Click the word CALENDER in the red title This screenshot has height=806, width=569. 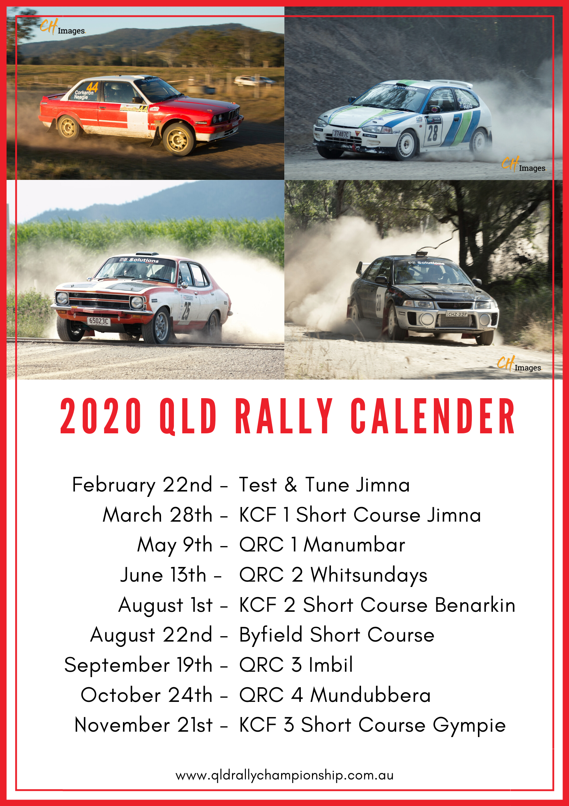(x=433, y=416)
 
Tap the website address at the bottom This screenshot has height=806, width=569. (x=285, y=775)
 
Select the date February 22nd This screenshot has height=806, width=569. (x=142, y=485)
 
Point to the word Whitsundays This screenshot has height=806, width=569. (x=369, y=575)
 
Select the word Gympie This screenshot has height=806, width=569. (x=469, y=726)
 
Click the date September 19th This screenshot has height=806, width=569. (x=138, y=665)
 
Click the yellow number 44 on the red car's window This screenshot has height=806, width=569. (x=92, y=87)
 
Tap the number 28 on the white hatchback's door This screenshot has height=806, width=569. (x=432, y=132)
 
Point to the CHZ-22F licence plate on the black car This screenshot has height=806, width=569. (x=456, y=314)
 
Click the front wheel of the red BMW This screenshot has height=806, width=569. (x=178, y=139)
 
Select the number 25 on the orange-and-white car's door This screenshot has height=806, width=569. (x=186, y=311)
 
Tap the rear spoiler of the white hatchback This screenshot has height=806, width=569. (x=452, y=84)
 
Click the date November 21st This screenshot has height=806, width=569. (x=143, y=725)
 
